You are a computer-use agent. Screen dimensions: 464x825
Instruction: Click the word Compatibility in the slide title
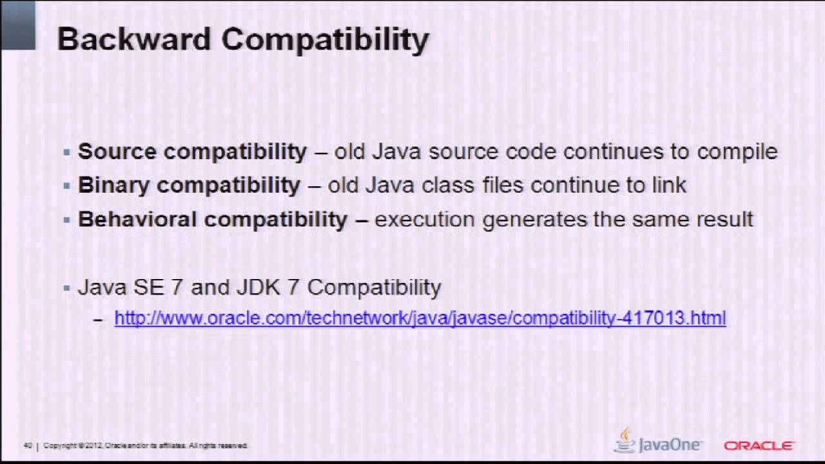(x=325, y=40)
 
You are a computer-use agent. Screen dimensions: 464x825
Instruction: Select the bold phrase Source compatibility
(x=192, y=151)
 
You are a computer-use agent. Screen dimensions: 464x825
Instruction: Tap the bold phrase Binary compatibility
(x=189, y=186)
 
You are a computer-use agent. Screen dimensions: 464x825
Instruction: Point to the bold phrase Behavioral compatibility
(x=213, y=219)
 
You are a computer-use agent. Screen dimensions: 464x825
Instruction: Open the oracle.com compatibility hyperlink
(x=420, y=318)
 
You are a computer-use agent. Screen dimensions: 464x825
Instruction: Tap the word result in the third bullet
(x=724, y=219)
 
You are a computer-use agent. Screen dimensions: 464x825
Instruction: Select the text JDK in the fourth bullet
(x=253, y=287)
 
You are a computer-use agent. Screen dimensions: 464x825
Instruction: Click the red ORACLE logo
(x=759, y=445)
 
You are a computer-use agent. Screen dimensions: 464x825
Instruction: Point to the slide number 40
(x=28, y=446)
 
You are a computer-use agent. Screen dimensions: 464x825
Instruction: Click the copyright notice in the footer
(x=146, y=446)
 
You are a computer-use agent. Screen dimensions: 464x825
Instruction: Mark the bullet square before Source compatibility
(x=66, y=153)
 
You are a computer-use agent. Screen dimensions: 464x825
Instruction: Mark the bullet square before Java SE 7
(x=66, y=288)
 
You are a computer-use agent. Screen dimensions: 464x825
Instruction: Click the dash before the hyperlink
(x=98, y=319)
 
